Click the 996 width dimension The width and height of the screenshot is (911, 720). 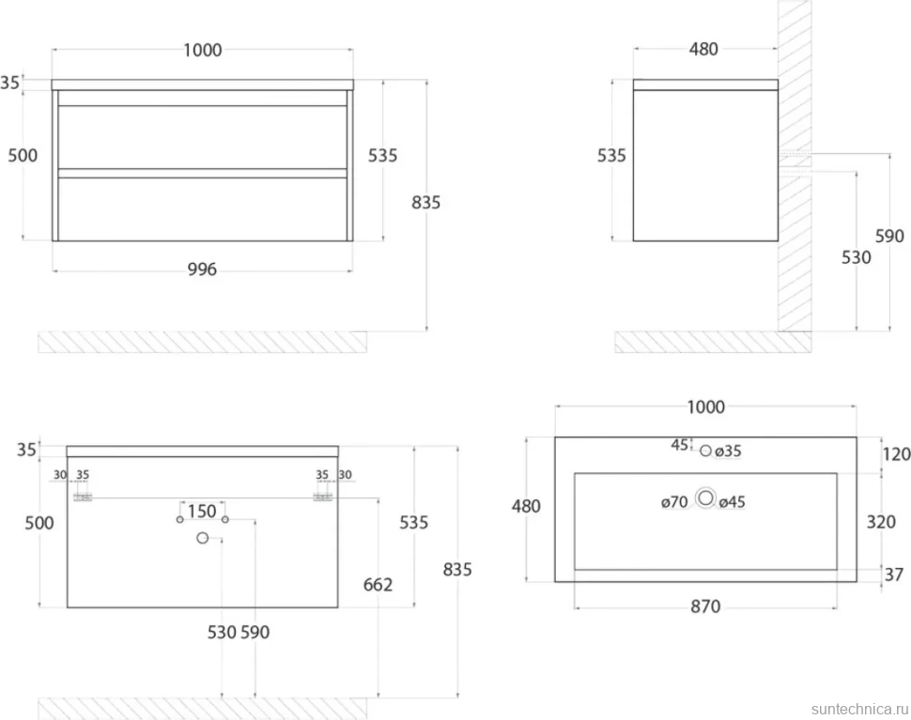point(202,269)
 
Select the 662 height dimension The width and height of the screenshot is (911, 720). point(378,584)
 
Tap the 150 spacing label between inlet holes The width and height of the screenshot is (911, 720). point(202,512)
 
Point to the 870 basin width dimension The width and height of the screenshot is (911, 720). point(705,606)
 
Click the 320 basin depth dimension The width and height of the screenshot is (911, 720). point(881,522)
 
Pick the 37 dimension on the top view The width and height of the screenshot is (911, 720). point(893,574)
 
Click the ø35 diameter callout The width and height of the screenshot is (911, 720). point(728,451)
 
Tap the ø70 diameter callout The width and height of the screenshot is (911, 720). point(674,501)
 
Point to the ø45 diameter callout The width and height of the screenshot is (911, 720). point(732,501)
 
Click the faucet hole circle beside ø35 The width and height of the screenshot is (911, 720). point(706,451)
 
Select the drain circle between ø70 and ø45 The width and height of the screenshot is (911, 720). point(706,498)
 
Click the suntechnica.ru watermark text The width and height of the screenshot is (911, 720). point(860,709)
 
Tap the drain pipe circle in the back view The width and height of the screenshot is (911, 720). point(202,538)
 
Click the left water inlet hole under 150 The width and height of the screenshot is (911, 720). point(180,519)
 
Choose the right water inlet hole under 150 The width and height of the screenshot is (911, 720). point(225,519)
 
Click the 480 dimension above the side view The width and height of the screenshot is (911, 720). point(703,50)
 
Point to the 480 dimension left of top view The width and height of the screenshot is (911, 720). point(526,506)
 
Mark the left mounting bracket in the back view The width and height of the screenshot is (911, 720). point(83,497)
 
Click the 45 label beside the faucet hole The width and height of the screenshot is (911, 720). point(680,445)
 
